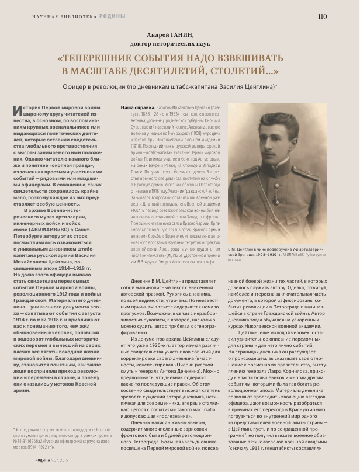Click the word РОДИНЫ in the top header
112,16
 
